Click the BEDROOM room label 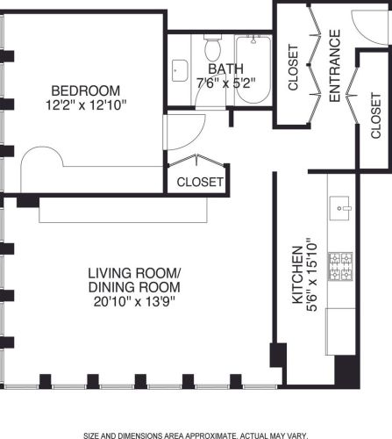tap(86, 90)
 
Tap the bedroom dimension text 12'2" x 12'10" tap(86, 104)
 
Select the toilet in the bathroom tap(212, 47)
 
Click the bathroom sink tap(180, 70)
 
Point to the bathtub tap(253, 69)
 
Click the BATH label tap(225, 68)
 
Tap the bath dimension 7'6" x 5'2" tap(225, 83)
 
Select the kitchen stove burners tap(340, 266)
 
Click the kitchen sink tap(339, 208)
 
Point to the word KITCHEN tap(298, 275)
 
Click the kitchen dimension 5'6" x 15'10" tap(312, 275)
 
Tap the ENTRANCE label tap(335, 66)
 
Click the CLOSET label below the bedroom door tap(200, 182)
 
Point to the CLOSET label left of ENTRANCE tap(293, 67)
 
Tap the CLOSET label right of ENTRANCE tap(376, 115)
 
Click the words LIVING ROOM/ tap(134, 273)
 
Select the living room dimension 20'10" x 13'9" tap(134, 301)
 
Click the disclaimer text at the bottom tap(196, 435)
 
